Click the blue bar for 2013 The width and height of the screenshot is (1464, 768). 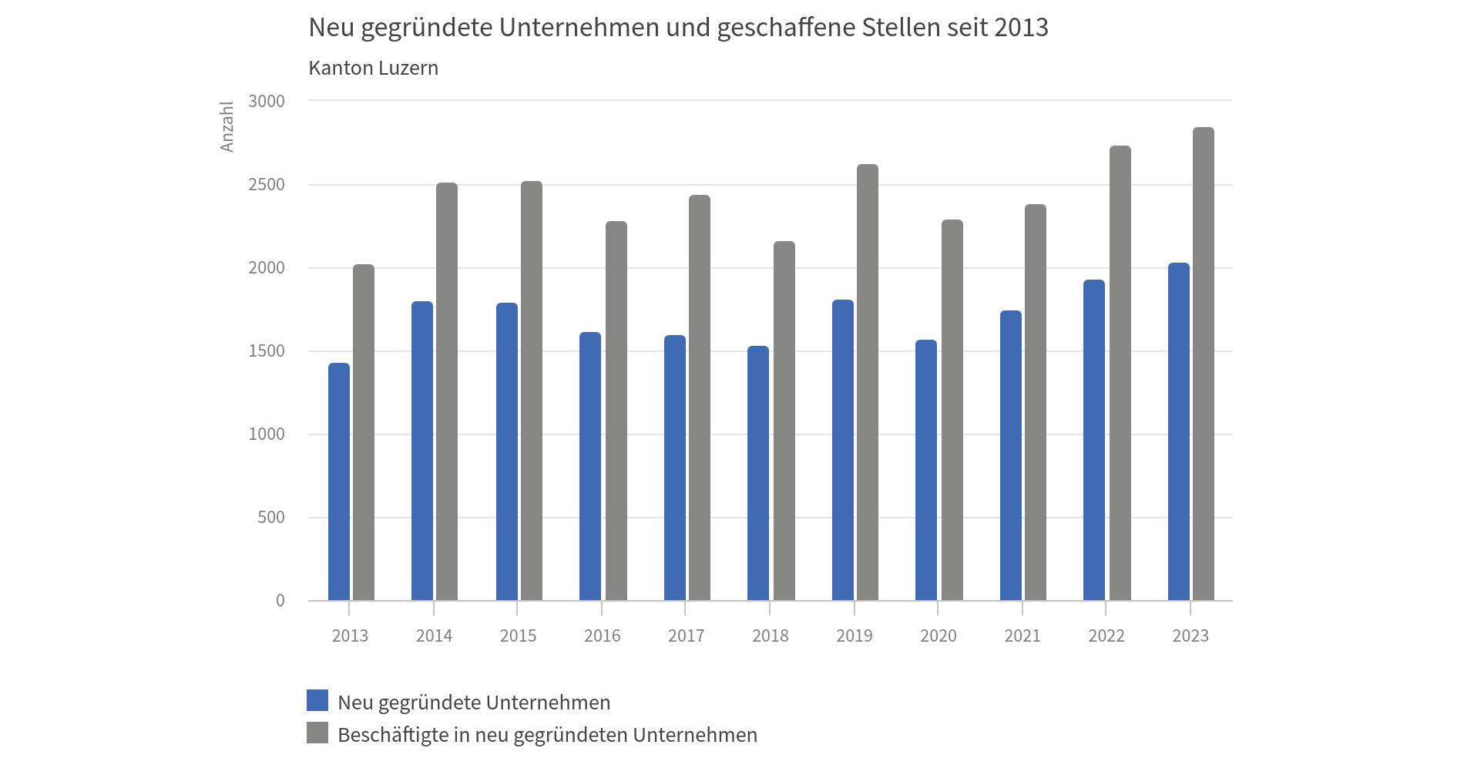(x=339, y=481)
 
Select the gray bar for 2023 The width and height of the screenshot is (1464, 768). (x=1204, y=364)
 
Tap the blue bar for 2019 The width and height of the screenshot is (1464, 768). (x=843, y=450)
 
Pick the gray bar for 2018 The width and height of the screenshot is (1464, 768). (x=784, y=421)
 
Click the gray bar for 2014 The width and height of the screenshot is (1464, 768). (x=447, y=391)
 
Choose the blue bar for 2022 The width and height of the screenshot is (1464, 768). (x=1094, y=440)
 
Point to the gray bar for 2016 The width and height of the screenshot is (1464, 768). (x=616, y=411)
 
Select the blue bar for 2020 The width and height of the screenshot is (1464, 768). (x=926, y=470)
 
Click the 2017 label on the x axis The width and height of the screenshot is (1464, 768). (x=686, y=636)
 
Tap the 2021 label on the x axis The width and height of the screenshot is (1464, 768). (x=1022, y=636)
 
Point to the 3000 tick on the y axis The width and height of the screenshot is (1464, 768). (x=267, y=102)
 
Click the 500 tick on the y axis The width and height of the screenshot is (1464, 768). (x=271, y=518)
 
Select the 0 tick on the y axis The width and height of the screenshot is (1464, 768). (x=280, y=601)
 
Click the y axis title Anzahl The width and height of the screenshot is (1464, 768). (x=227, y=126)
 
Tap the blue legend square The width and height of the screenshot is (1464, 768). (x=317, y=700)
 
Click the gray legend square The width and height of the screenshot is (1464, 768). (x=317, y=733)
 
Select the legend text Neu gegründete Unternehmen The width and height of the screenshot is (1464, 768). (x=474, y=703)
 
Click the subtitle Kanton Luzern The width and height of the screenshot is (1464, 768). (x=373, y=68)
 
